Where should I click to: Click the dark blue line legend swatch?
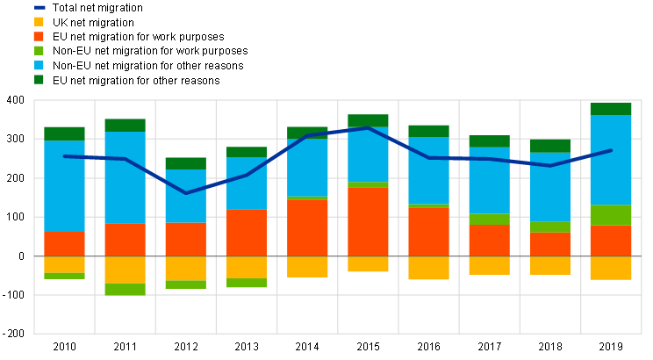(39, 7)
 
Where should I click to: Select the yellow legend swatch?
(39, 21)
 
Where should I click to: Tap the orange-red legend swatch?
(39, 36)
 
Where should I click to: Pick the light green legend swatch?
(39, 50)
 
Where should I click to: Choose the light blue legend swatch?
(39, 65)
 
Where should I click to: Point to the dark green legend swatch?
(39, 79)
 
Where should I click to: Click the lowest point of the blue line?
(186, 193)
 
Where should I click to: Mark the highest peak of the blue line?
(369, 128)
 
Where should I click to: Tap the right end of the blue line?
(611, 150)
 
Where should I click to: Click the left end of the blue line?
(64, 156)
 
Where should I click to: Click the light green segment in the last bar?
(611, 215)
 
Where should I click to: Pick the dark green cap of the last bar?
(611, 109)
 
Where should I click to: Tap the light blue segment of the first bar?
(64, 185)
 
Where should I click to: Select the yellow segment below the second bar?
(125, 270)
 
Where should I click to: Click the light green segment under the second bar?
(125, 289)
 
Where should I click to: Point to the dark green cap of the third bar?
(185, 163)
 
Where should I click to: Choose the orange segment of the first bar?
(64, 243)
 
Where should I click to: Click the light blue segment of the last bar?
(611, 160)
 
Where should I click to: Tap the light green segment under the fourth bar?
(247, 283)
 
